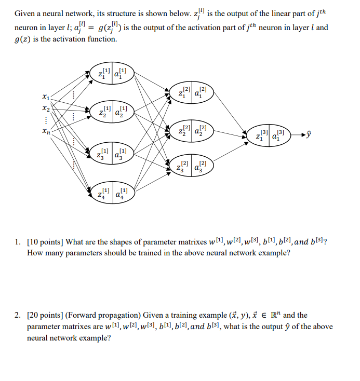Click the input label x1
tap(47, 97)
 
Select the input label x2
tap(47, 109)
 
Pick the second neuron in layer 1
tap(112, 112)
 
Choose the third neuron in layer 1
tap(112, 153)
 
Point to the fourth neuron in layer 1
tap(112, 194)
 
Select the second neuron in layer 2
tap(192, 131)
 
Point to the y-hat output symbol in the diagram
tap(310, 136)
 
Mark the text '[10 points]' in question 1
tap(47, 241)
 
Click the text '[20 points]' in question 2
tap(47, 315)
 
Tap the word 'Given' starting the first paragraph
tap(25, 16)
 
